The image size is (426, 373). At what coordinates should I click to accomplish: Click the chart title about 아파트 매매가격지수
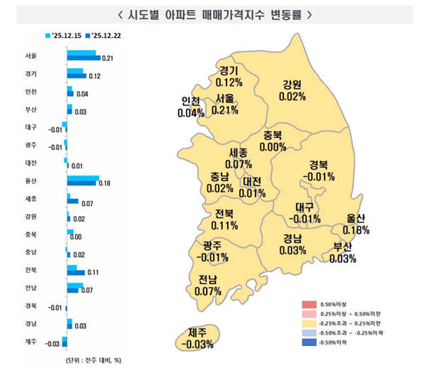click(213, 14)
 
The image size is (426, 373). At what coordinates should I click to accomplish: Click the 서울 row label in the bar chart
click(31, 55)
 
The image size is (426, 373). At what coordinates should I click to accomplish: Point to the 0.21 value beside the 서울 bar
click(109, 58)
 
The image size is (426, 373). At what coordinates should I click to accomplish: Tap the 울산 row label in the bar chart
click(31, 180)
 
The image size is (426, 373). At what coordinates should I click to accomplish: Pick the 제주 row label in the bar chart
click(31, 342)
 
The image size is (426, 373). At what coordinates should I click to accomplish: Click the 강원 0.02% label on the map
click(293, 90)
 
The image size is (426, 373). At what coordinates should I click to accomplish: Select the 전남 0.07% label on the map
click(208, 284)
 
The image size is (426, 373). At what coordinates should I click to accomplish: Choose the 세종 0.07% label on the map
click(239, 158)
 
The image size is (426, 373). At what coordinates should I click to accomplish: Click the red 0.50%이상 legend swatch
click(306, 304)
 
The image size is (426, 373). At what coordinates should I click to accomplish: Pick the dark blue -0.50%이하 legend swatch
click(306, 342)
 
